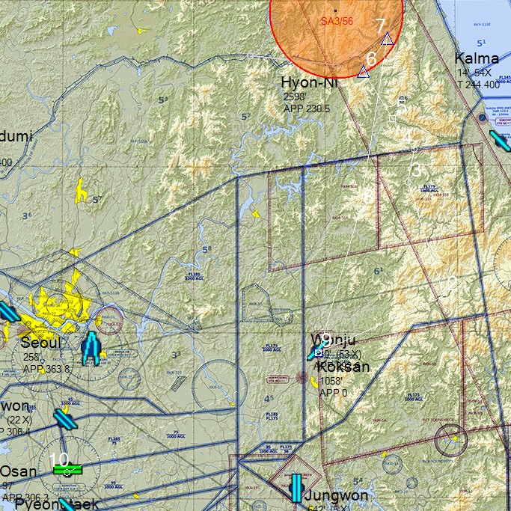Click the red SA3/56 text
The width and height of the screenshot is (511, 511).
[336, 21]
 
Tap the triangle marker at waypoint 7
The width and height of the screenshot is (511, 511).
[387, 39]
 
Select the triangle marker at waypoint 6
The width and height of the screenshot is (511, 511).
[363, 72]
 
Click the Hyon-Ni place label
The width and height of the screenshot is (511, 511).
[309, 82]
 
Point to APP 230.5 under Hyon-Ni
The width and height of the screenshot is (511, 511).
[307, 108]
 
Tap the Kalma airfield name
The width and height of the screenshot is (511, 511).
[477, 59]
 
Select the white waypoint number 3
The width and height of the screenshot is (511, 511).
[416, 171]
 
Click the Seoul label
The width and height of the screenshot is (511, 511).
[40, 343]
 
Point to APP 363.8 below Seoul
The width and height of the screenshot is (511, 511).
[46, 369]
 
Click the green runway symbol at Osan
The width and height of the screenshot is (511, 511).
[67, 470]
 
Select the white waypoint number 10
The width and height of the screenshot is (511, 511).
[58, 459]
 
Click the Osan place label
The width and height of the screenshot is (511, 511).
[17, 471]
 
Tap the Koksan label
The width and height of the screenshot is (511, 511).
[344, 367]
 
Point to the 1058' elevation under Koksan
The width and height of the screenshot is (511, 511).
[331, 380]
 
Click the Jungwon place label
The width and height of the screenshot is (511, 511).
[337, 496]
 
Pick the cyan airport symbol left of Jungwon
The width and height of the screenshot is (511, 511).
[296, 488]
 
